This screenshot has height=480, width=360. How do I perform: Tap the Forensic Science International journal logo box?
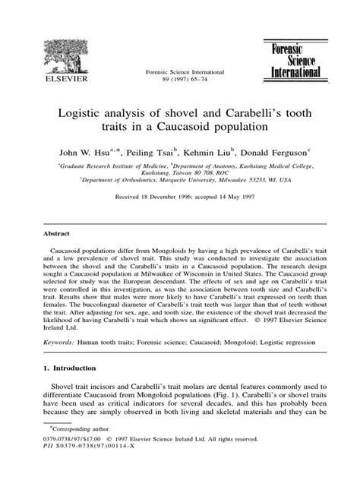[x=292, y=58]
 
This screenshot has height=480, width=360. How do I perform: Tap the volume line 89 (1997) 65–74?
[x=174, y=77]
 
